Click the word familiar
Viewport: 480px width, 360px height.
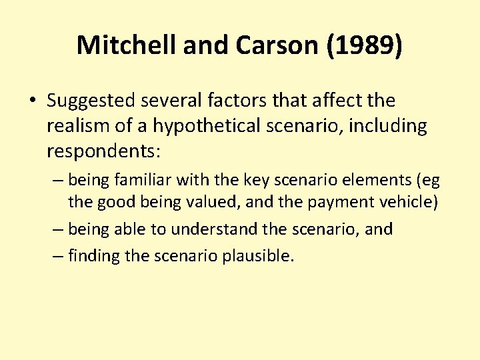(143, 180)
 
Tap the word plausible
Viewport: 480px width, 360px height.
(259, 256)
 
